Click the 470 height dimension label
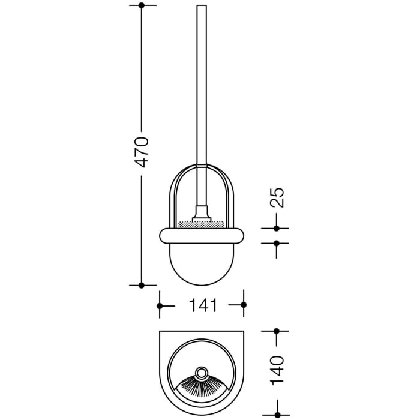click(142, 152)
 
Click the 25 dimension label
click(277, 197)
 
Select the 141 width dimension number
click(202, 305)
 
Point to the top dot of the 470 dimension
click(142, 5)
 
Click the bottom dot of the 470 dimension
click(142, 285)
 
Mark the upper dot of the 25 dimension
click(277, 228)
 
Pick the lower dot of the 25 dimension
click(277, 243)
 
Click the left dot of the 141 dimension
click(160, 305)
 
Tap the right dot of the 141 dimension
click(244, 305)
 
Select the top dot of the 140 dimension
click(277, 331)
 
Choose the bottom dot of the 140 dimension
click(277, 414)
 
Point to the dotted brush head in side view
click(202, 224)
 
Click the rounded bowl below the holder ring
click(202, 264)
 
